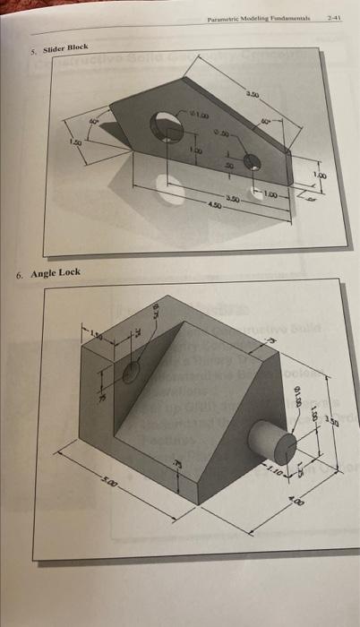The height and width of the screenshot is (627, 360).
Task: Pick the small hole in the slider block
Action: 253,162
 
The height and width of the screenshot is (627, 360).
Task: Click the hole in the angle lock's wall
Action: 132,373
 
